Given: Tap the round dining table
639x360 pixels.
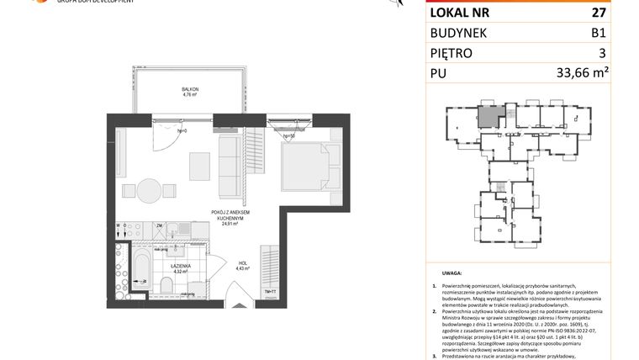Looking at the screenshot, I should coord(149,188).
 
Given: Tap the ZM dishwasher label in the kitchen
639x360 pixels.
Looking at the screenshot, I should coord(158,225).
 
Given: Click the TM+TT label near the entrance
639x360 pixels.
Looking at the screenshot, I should coord(271,291).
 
